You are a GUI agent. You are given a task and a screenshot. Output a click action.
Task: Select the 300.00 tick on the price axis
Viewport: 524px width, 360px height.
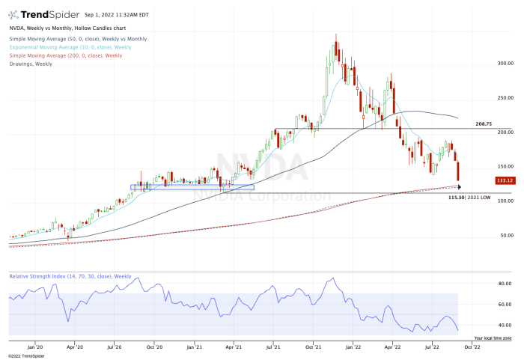[x=505, y=64]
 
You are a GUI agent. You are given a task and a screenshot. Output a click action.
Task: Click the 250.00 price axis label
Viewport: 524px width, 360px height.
[x=505, y=98]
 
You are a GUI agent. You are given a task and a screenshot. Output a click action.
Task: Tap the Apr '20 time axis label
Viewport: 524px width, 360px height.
[x=74, y=347]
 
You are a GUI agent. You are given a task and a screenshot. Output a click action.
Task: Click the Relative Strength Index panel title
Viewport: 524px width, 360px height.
[x=70, y=276]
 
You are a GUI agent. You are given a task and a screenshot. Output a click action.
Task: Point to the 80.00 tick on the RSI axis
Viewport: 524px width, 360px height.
[x=505, y=284]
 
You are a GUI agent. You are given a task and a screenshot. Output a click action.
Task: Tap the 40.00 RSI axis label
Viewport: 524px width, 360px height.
[x=505, y=325]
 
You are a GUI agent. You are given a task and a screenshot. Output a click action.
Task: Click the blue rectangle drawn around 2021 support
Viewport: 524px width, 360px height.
[x=192, y=186]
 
